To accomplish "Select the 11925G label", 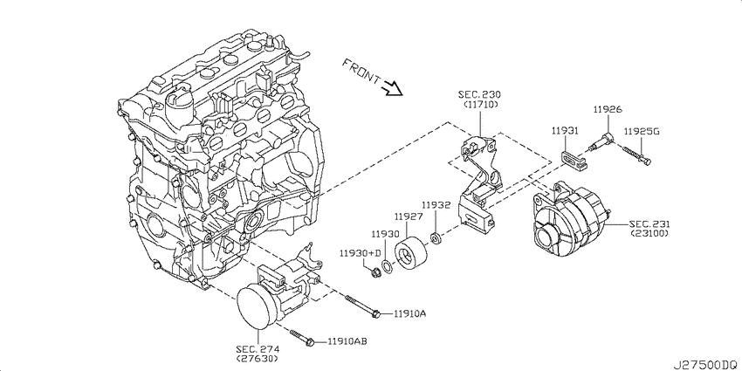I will tap(641, 131).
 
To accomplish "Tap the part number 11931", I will tap(565, 130).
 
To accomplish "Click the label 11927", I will tap(408, 216).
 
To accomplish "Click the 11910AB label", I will tap(347, 341).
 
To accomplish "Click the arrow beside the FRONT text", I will tap(391, 86).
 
